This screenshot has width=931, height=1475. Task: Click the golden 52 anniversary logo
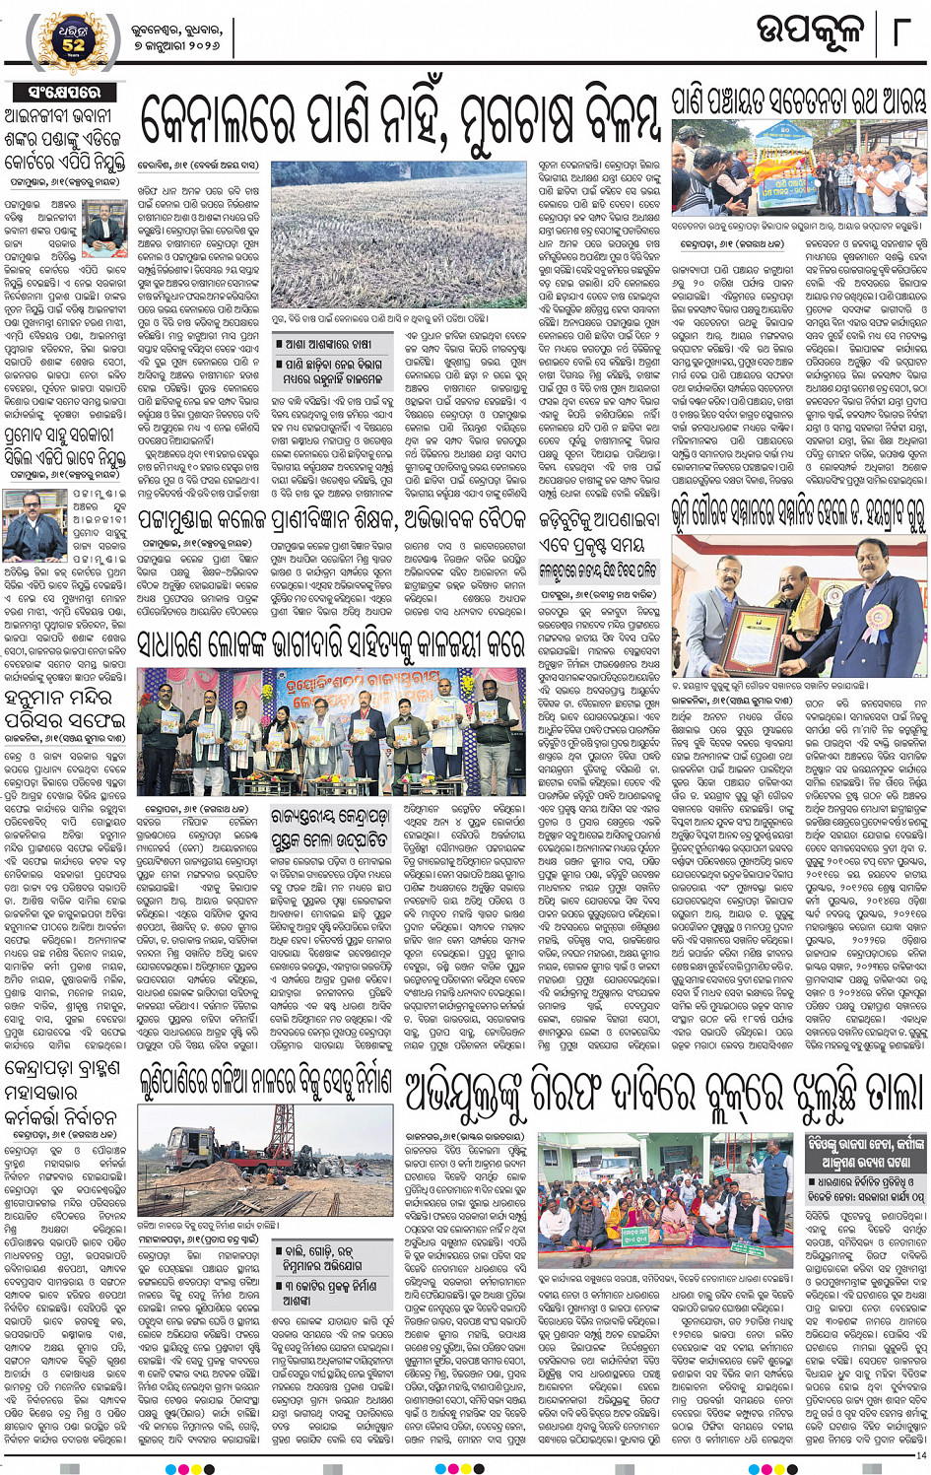(74, 38)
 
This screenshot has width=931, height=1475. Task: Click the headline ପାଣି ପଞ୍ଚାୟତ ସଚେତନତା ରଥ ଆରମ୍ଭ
(798, 101)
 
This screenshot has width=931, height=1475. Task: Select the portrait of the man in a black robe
(34, 526)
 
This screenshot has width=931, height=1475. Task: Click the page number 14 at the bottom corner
(920, 1455)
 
